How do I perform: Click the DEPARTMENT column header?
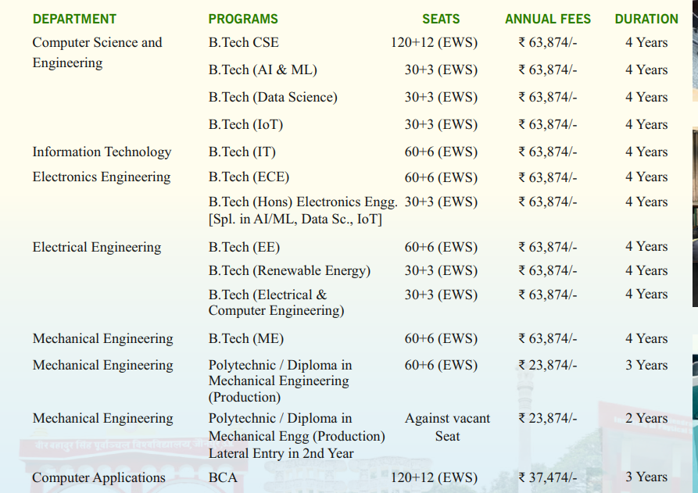(74, 19)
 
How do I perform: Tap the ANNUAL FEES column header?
(548, 19)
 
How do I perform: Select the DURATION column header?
(646, 19)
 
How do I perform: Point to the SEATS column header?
(441, 19)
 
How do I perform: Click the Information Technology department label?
(102, 152)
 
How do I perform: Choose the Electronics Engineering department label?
(102, 177)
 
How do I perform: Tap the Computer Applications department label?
(99, 477)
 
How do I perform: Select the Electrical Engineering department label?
(97, 247)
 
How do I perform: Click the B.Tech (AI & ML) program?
(263, 70)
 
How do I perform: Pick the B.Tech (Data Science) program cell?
(273, 97)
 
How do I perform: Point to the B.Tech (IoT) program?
(245, 124)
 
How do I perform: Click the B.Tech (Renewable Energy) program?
(289, 270)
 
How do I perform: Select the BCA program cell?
(223, 477)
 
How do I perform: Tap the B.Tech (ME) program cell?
(246, 338)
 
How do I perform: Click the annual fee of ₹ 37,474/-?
(548, 477)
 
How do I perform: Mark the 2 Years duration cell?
(646, 418)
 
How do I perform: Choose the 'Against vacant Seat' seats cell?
(447, 427)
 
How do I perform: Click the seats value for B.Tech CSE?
(434, 42)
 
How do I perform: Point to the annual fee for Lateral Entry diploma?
(548, 418)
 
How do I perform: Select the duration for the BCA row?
(646, 477)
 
